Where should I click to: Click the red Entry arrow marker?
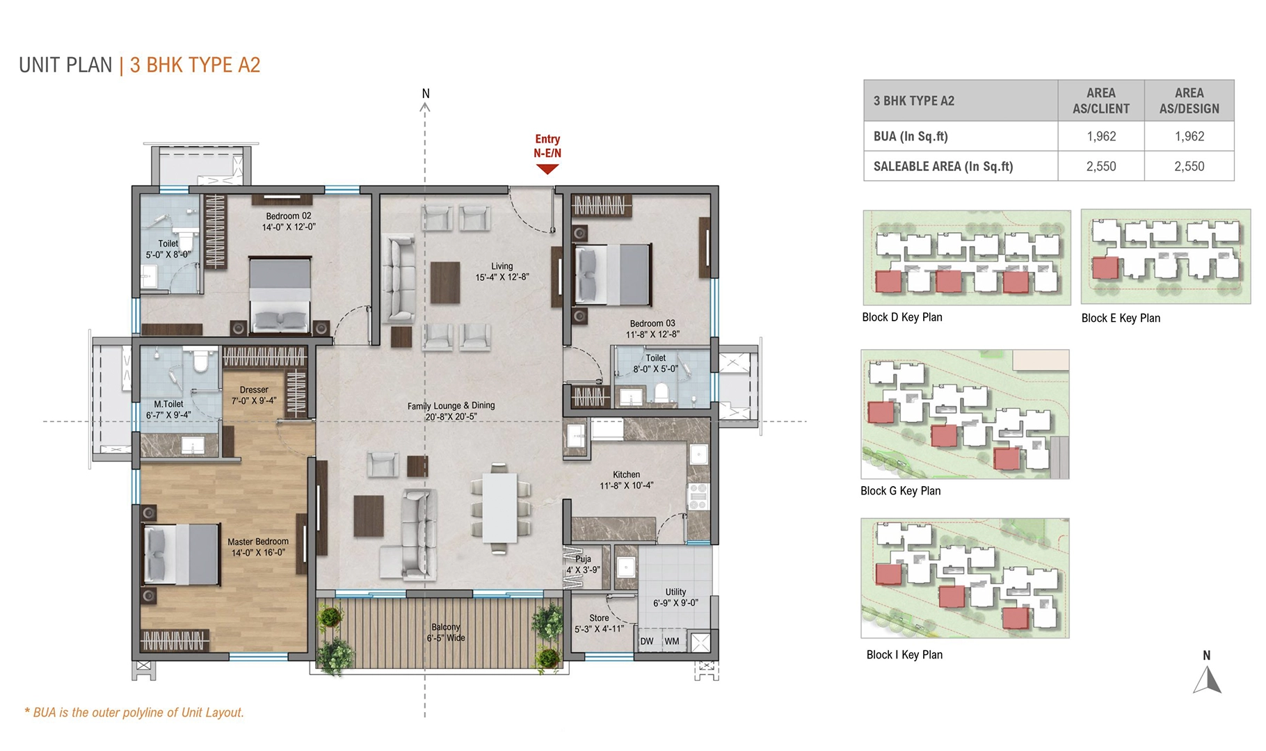[547, 169]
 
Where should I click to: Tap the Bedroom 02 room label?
[288, 216]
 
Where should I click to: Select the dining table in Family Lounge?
[499, 507]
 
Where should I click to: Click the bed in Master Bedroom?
[182, 554]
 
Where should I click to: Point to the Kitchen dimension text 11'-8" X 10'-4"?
[626, 486]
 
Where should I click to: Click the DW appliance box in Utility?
[647, 641]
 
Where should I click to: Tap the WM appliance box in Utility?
[672, 641]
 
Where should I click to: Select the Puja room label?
[583, 559]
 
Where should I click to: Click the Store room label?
[599, 618]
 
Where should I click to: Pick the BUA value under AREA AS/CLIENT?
[1101, 136]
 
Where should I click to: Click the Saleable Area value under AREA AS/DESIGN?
[1189, 166]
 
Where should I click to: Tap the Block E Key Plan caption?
[1121, 318]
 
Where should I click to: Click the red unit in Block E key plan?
[1105, 268]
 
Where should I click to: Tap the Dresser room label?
[254, 390]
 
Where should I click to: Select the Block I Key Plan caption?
[904, 655]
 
